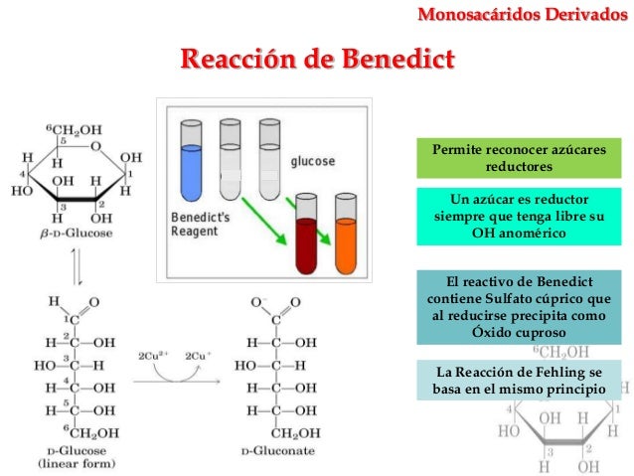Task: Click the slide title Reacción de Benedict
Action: click(x=315, y=59)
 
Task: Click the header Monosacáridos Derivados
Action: click(x=529, y=13)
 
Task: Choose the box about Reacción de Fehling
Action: click(x=518, y=381)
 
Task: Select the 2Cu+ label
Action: click(x=196, y=355)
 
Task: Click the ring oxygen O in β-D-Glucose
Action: click(x=96, y=146)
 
